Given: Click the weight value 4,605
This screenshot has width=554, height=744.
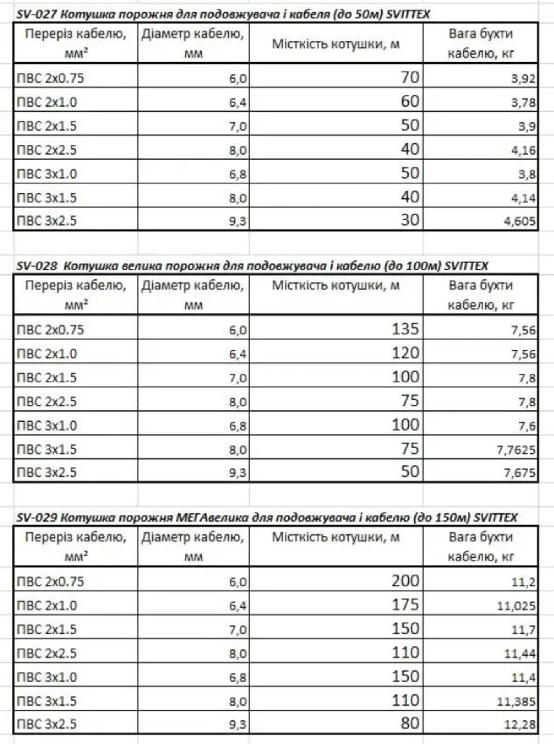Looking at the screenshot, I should point(519,221).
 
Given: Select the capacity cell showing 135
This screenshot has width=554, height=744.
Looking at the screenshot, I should point(405,329).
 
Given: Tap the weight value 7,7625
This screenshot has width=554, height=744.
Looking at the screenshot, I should point(516,449).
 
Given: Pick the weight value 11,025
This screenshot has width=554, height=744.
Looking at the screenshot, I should point(516,606).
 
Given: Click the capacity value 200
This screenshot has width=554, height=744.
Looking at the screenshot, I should point(405,581).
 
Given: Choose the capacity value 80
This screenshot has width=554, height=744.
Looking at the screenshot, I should point(410,723).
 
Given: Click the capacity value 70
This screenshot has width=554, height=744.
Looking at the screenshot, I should point(410,77).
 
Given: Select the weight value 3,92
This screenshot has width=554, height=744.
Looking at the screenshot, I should point(523,79).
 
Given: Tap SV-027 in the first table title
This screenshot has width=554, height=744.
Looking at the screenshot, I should point(37,15).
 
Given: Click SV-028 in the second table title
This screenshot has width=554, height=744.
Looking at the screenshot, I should point(37,266).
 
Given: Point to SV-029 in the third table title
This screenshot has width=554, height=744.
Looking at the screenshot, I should point(37,518).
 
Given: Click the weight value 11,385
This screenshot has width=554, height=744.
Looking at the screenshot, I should point(516,701).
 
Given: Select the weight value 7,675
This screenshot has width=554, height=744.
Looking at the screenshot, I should point(519,473).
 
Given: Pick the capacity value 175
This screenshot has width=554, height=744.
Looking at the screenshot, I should point(405,604).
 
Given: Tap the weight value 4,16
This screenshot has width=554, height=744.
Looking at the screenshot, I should point(523,150).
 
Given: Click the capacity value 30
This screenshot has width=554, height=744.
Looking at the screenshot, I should point(410,220).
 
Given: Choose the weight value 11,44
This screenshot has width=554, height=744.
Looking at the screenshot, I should point(519,654).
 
